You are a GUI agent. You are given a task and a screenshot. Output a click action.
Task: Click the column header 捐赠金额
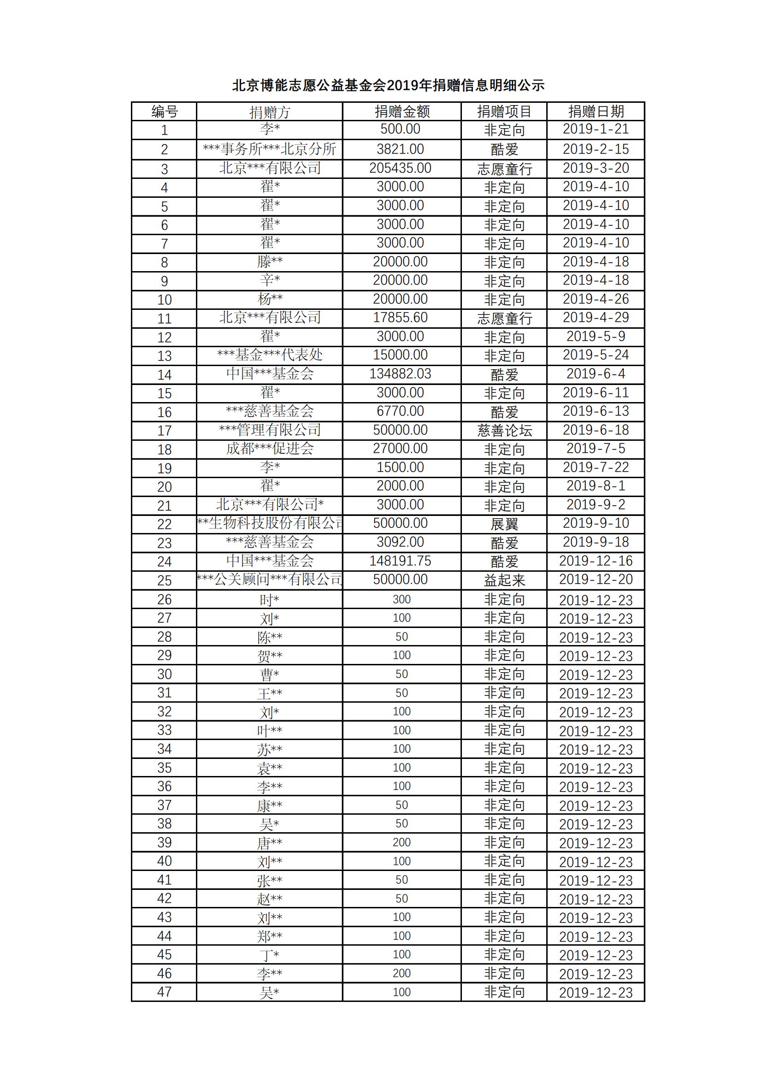(x=402, y=112)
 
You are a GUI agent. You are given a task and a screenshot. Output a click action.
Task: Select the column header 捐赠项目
(x=504, y=112)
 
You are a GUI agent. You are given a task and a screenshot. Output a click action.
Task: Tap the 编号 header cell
(x=164, y=112)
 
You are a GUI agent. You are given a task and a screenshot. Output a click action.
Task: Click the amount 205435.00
(x=400, y=168)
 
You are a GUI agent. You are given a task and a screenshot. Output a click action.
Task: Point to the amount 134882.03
(x=400, y=374)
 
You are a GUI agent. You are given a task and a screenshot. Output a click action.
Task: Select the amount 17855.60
(x=400, y=317)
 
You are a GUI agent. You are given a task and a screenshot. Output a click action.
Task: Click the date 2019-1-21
(x=595, y=129)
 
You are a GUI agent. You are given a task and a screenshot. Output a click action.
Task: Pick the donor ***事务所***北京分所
(x=270, y=149)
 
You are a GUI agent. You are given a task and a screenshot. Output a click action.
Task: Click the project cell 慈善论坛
(x=504, y=430)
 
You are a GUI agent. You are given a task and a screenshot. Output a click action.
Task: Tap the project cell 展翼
(x=504, y=523)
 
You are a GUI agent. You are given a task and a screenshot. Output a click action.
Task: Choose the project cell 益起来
(x=504, y=580)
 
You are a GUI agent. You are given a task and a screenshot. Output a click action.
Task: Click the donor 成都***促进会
(x=270, y=449)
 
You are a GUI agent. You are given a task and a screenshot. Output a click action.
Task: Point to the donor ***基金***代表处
(x=270, y=355)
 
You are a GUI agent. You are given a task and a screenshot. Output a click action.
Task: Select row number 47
(x=164, y=992)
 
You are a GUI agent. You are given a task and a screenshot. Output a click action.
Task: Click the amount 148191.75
(x=400, y=561)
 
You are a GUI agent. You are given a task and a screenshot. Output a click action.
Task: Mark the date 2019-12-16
(x=595, y=561)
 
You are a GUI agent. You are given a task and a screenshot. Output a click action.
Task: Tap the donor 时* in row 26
(x=270, y=600)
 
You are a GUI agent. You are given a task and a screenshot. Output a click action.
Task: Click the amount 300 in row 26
(x=402, y=599)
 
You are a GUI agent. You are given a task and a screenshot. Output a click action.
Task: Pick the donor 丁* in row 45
(x=270, y=955)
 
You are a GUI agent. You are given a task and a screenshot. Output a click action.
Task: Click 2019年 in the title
(x=410, y=85)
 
